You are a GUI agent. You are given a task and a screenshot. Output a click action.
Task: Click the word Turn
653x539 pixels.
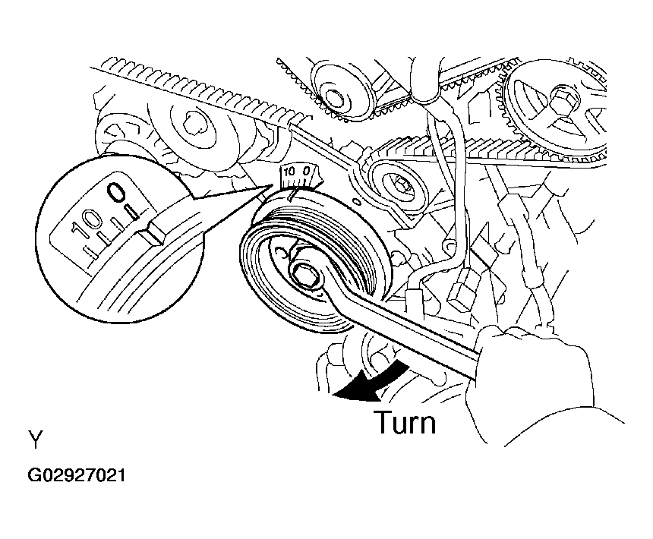pos(405,422)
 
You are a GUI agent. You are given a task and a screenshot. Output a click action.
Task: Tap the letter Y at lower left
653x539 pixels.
pos(36,440)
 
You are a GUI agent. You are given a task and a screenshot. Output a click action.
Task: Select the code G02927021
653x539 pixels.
pos(77,476)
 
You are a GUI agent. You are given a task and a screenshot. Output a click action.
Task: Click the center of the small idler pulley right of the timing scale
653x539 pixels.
pos(396,183)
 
